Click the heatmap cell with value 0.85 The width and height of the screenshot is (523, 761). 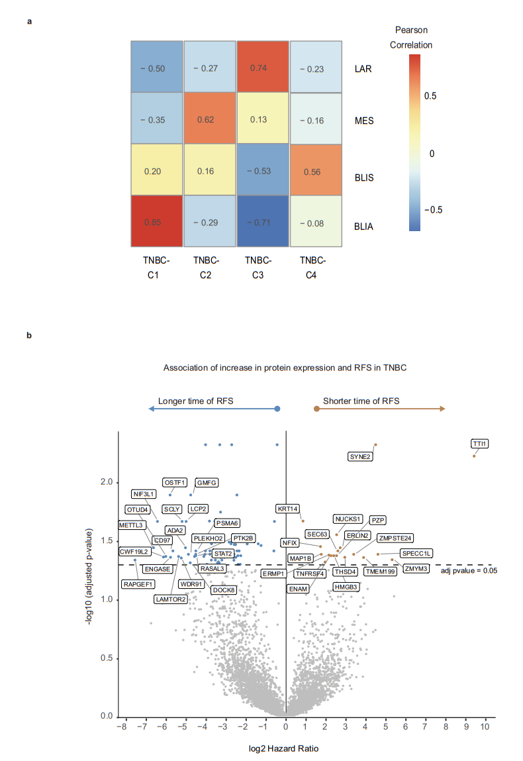[156, 221]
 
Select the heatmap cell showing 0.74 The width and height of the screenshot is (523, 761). [262, 67]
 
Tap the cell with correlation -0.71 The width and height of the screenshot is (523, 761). [262, 221]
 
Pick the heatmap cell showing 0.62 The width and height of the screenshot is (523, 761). [209, 119]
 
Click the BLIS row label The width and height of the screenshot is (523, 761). [365, 170]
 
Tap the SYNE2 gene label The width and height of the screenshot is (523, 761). [361, 456]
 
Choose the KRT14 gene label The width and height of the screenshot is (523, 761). [288, 509]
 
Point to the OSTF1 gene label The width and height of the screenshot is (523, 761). [175, 482]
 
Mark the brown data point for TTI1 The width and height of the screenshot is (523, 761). [474, 456]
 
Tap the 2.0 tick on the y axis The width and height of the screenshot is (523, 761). [105, 482]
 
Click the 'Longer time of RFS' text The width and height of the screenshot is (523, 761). [195, 401]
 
